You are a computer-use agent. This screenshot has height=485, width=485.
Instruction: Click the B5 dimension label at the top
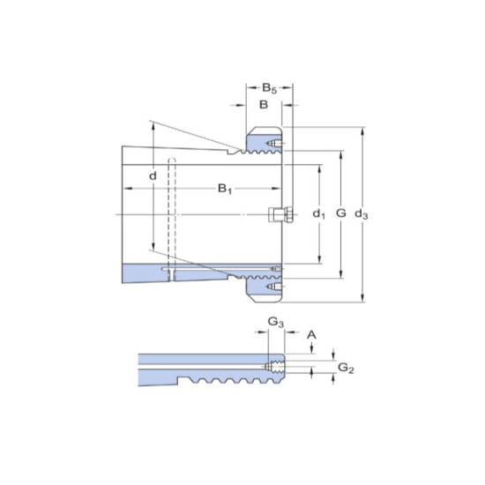pyautogui.click(x=270, y=87)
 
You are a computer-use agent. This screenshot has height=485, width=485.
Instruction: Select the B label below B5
pyautogui.click(x=263, y=105)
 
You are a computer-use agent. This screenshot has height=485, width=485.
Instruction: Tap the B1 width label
pyautogui.click(x=225, y=189)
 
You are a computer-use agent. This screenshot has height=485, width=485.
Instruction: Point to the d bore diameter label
pyautogui.click(x=153, y=176)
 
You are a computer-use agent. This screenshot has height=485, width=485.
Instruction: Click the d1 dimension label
pyautogui.click(x=319, y=214)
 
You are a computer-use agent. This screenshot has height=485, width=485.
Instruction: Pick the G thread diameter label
pyautogui.click(x=342, y=214)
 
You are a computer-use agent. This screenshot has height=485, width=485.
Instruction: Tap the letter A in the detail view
pyautogui.click(x=310, y=334)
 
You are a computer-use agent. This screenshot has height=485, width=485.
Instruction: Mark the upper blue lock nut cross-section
pyautogui.click(x=261, y=141)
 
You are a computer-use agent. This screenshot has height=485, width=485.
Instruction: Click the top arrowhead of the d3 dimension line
pyautogui.click(x=362, y=131)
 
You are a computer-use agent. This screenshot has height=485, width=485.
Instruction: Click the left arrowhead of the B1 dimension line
pyautogui.click(x=126, y=189)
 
